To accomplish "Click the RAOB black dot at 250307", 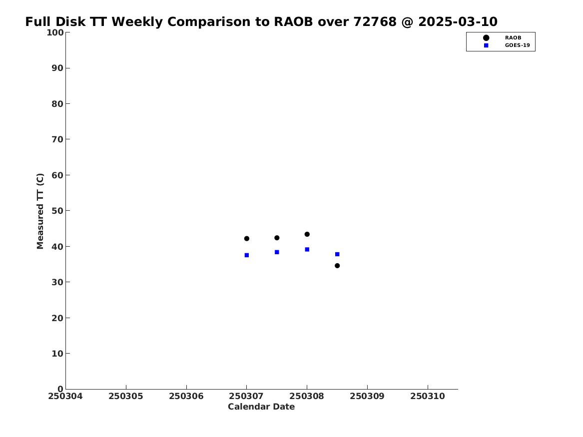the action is pos(246,239).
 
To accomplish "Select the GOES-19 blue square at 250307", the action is pos(246,255).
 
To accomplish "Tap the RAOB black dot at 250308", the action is pos(307,234).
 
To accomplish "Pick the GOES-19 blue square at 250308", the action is pos(307,249).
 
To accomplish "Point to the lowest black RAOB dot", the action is pos(337,266).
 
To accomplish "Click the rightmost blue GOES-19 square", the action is pos(337,254).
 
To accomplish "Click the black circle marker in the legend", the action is pos(486,38).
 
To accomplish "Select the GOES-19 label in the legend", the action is pos(517,45).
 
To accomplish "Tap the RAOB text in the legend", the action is pos(513,38).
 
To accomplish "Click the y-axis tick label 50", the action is pos(57,211).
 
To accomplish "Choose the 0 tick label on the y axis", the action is pos(60,389).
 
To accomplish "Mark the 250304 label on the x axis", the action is pos(65,396).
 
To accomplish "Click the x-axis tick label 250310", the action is pos(428,396).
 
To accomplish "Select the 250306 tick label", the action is pos(186,396).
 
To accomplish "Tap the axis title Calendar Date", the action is pos(261,407).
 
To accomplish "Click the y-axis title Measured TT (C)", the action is pos(40,211).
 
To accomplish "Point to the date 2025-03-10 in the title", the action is pos(458,22).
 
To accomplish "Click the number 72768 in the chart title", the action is pos(375,22).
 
